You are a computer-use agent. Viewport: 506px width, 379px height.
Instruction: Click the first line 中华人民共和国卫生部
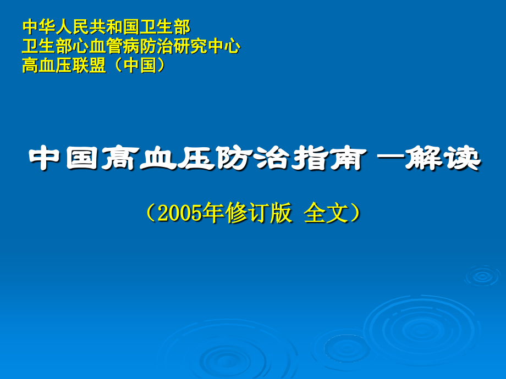(106, 26)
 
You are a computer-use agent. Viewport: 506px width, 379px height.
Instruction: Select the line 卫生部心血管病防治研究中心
(131, 46)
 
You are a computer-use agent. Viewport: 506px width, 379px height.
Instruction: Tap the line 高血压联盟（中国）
(94, 66)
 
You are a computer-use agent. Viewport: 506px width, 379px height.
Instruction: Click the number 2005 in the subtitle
(179, 214)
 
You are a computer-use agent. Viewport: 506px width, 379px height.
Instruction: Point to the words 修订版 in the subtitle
(258, 214)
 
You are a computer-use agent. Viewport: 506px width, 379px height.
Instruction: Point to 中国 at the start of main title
(71, 159)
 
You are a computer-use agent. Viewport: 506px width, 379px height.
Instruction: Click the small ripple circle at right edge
(482, 276)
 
